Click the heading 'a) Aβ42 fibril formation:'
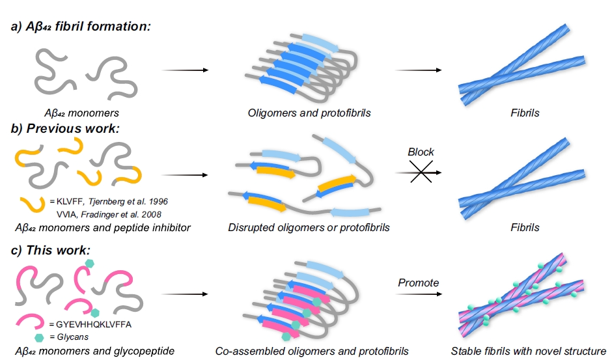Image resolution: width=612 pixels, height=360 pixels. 81,27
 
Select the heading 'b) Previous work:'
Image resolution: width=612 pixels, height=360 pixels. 65,128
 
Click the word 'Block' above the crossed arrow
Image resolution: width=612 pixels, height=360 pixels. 421,152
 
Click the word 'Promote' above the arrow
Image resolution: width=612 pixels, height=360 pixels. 419,283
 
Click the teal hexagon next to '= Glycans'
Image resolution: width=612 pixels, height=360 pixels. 38,337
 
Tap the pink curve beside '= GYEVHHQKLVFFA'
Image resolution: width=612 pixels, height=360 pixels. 30,321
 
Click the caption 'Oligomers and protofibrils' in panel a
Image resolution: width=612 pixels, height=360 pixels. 309,113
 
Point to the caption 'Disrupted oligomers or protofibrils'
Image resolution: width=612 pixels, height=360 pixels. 309,228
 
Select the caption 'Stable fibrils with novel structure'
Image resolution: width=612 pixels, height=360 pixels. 528,352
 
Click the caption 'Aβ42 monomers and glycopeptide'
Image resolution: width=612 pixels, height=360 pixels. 94,352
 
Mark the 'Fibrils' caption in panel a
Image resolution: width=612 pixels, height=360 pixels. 525,113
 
